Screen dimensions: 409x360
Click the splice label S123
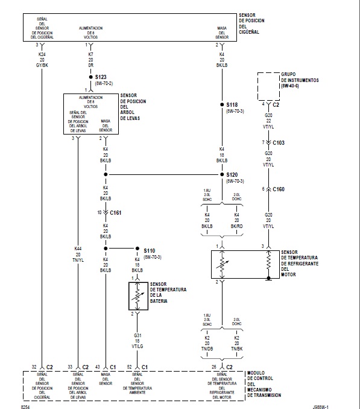pyautogui.click(x=100, y=77)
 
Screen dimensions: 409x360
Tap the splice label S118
pyautogui.click(x=232, y=104)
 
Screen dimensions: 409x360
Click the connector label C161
pyautogui.click(x=116, y=212)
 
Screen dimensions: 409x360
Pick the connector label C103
pyautogui.click(x=278, y=143)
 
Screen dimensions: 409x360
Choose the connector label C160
pyautogui.click(x=278, y=189)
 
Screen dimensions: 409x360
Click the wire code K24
pyautogui.click(x=42, y=54)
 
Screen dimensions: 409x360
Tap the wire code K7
pyautogui.click(x=90, y=54)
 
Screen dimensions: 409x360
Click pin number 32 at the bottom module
pyautogui.click(x=35, y=366)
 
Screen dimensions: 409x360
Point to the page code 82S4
pyautogui.click(x=25, y=405)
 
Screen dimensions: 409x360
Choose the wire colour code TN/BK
pyautogui.click(x=236, y=349)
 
